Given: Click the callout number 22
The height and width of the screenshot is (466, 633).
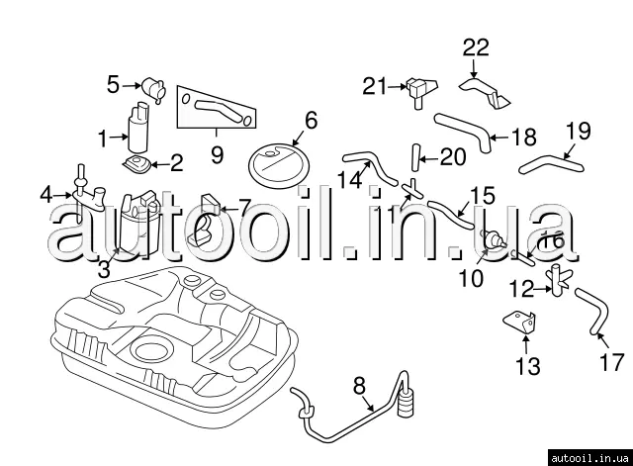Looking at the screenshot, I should (x=476, y=47).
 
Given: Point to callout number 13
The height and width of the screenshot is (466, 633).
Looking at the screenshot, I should (x=527, y=367).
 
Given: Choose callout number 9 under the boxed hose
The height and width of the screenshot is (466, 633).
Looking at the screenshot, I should (x=217, y=154).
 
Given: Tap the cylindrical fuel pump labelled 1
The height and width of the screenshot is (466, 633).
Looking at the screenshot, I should (x=136, y=125).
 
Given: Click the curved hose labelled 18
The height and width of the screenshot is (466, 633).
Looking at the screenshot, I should (x=462, y=130).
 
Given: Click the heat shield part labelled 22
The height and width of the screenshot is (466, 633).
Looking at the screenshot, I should (x=487, y=91).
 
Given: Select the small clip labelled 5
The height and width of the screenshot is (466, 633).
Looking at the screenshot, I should (x=152, y=87).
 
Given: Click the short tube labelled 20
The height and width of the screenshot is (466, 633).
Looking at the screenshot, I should (x=416, y=157).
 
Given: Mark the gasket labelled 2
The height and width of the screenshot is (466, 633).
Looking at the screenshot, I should (x=136, y=162).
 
